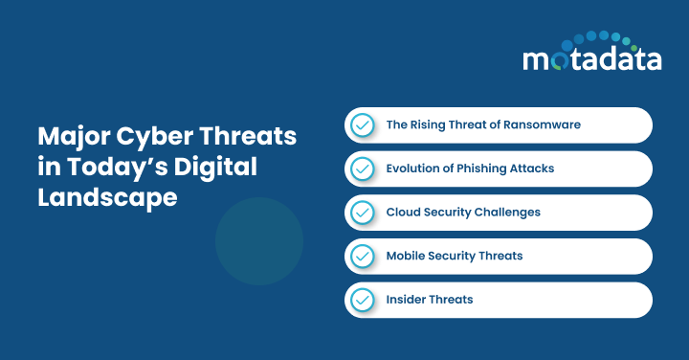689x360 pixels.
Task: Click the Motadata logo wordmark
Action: coord(591,59)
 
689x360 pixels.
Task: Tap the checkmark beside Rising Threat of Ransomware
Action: coord(362,125)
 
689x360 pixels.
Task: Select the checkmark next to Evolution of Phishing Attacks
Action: coord(362,169)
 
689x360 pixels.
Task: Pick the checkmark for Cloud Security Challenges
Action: coord(362,213)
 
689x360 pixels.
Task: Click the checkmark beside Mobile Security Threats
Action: coord(362,257)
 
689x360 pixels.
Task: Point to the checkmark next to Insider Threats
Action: coord(362,300)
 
